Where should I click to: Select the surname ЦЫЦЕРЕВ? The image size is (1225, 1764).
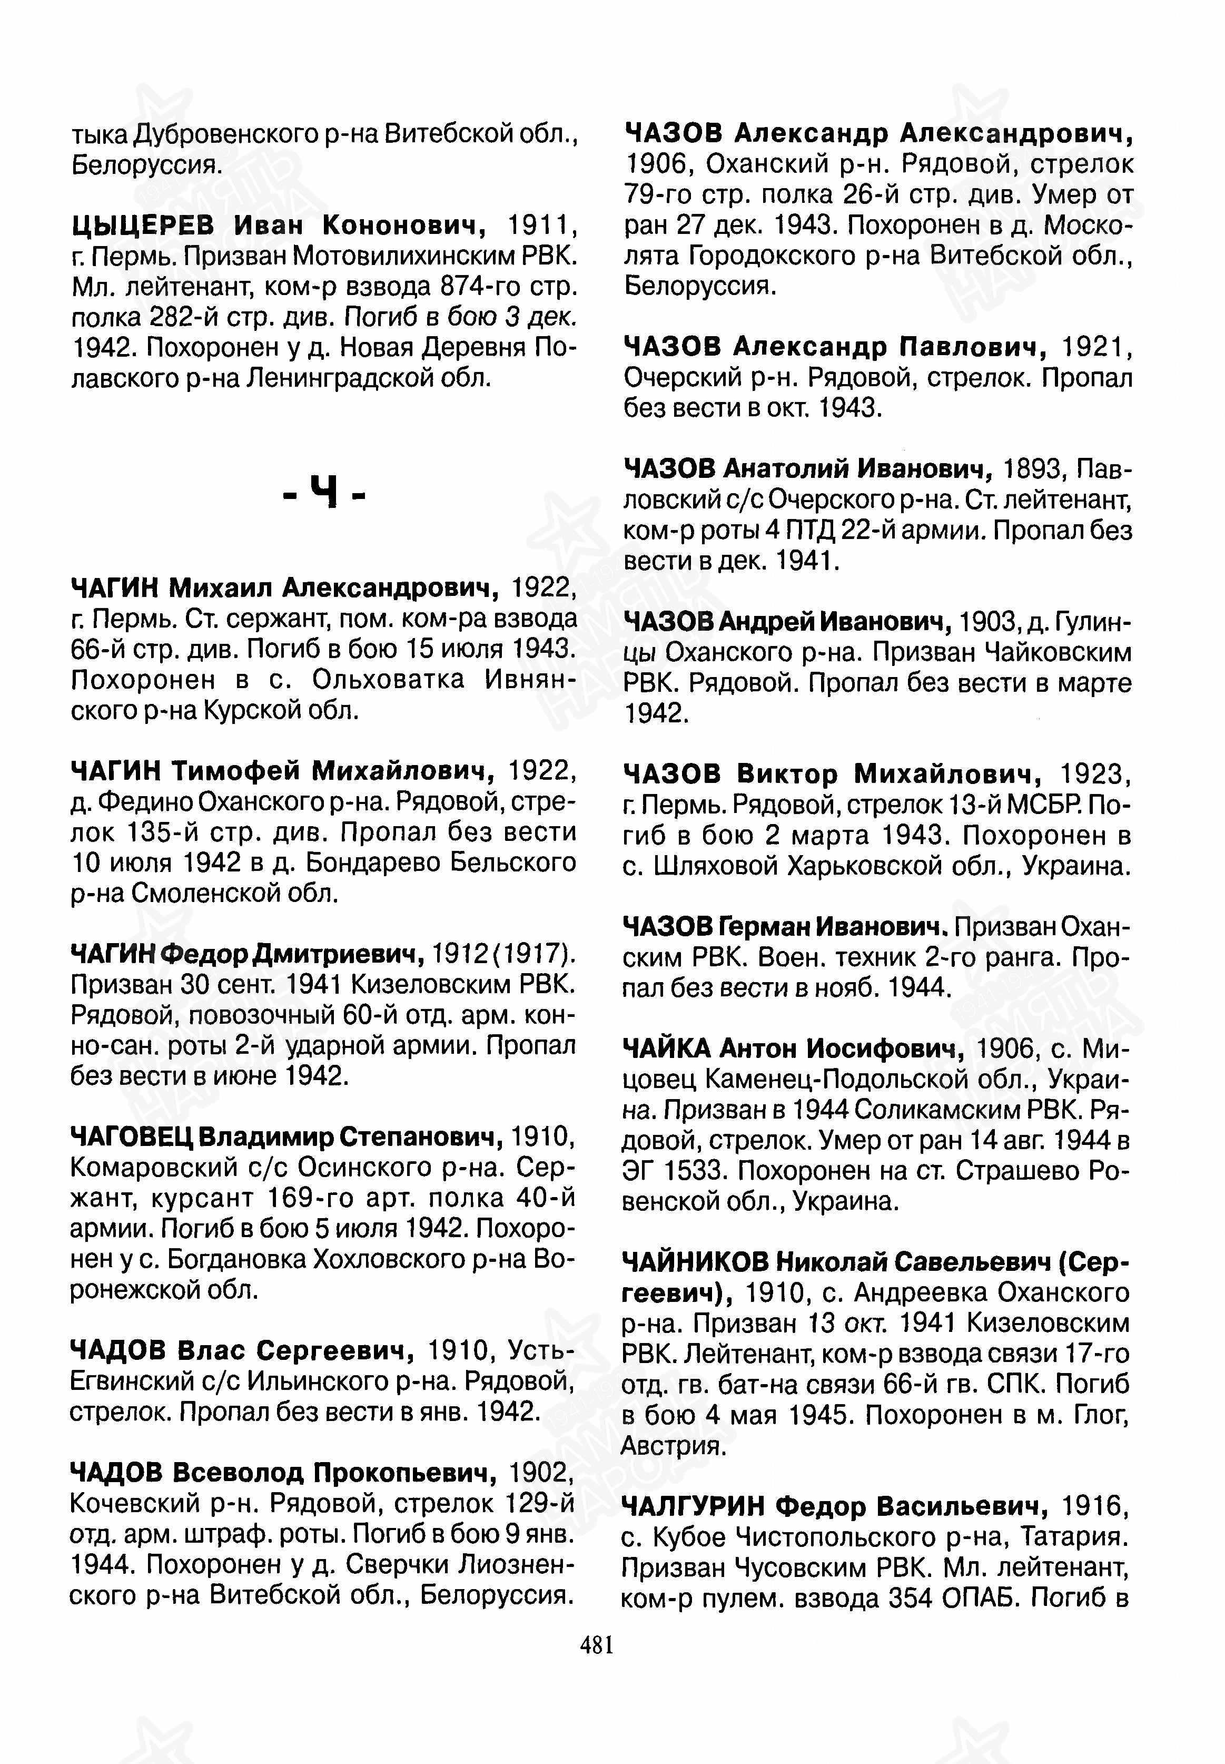144,225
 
